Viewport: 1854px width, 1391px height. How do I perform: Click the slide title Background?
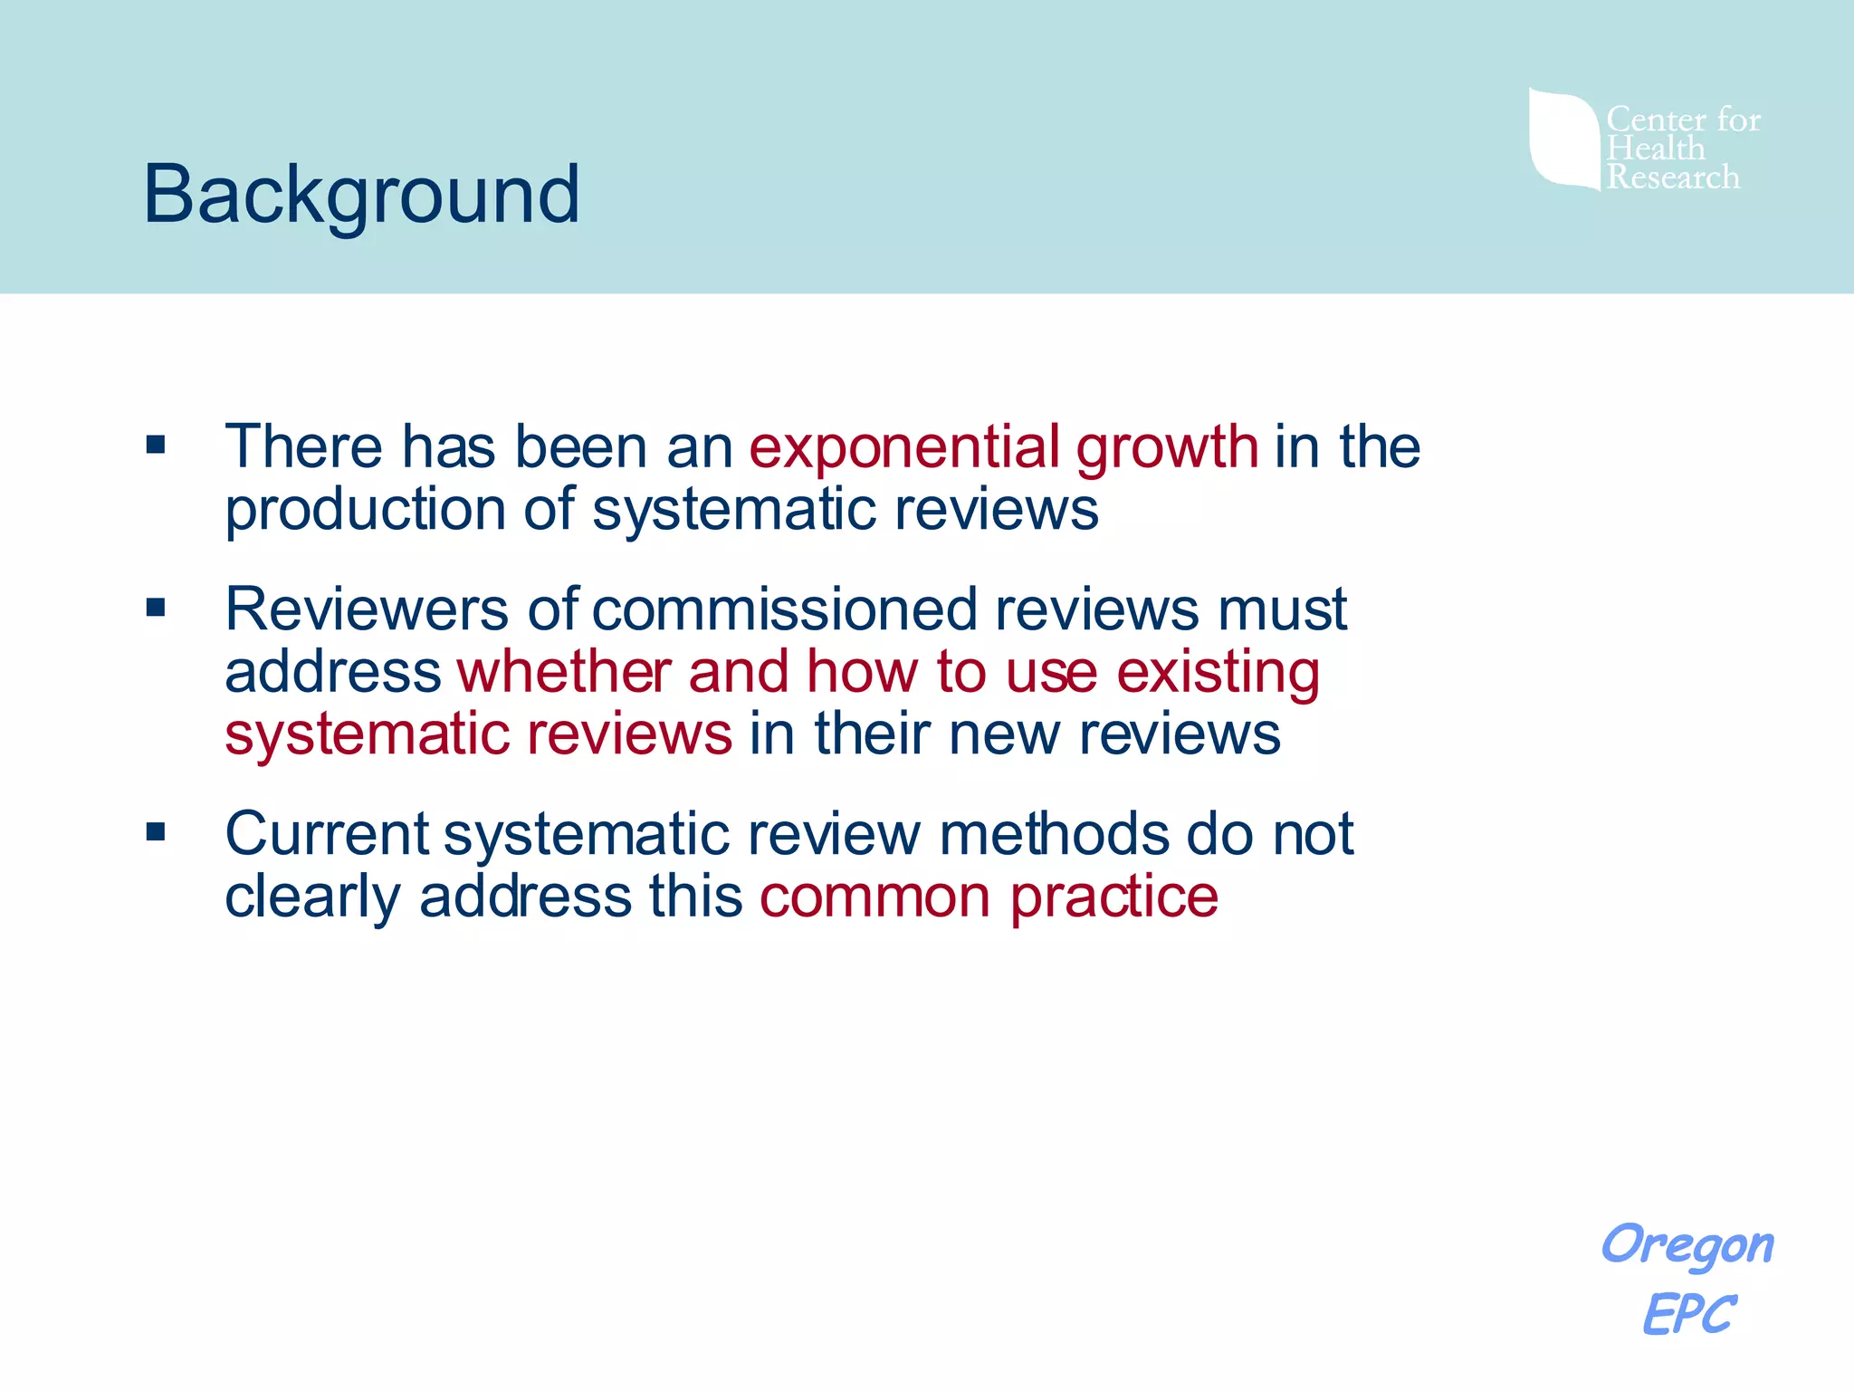pyautogui.click(x=361, y=195)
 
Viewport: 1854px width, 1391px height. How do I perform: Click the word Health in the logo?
pyautogui.click(x=1656, y=149)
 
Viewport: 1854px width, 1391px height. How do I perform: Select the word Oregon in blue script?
pyautogui.click(x=1687, y=1246)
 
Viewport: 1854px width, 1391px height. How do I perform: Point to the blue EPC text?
pyautogui.click(x=1689, y=1314)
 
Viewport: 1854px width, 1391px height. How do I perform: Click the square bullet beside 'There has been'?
pyautogui.click(x=156, y=445)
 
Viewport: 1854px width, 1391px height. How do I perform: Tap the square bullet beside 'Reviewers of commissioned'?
pyautogui.click(x=156, y=607)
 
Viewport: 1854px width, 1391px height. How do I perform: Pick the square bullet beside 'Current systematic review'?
pyautogui.click(x=156, y=831)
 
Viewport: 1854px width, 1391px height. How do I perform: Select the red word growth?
pyautogui.click(x=1167, y=449)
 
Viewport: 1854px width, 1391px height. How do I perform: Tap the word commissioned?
pyautogui.click(x=785, y=609)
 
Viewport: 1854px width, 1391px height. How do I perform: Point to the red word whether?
pyautogui.click(x=564, y=672)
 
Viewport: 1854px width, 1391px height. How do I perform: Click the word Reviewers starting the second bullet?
pyautogui.click(x=367, y=609)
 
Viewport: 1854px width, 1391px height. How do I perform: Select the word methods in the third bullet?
pyautogui.click(x=1054, y=833)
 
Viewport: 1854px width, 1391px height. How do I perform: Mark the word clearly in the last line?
pyautogui.click(x=312, y=897)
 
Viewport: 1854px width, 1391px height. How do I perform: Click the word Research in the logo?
pyautogui.click(x=1673, y=177)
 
